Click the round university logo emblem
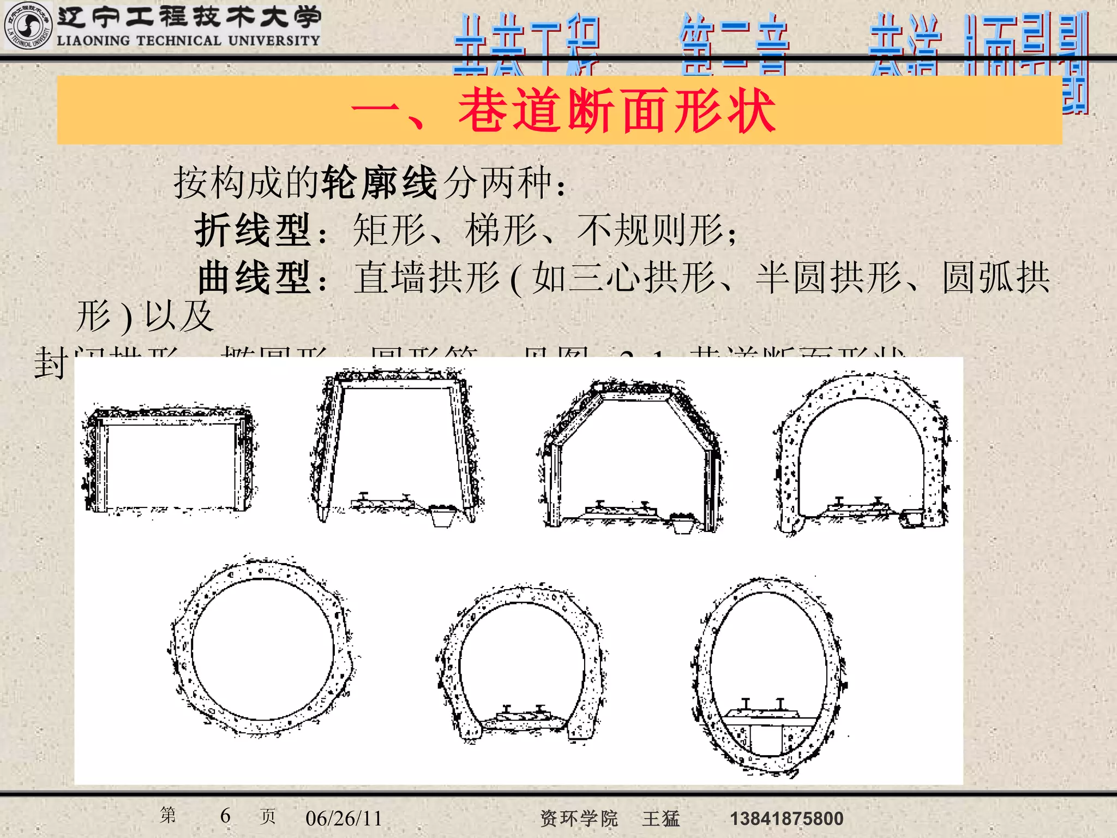pos(27,26)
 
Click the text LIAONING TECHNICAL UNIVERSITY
pos(188,41)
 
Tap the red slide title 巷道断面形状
pos(616,111)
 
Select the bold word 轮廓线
pos(380,182)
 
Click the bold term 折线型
pos(253,230)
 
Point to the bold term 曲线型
pos(255,278)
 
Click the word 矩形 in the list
pos(389,230)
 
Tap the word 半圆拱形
pos(828,278)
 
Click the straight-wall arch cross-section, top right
pos(862,453)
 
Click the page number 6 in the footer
pos(225,816)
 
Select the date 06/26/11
pos(344,818)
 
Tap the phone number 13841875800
pos(786,818)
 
